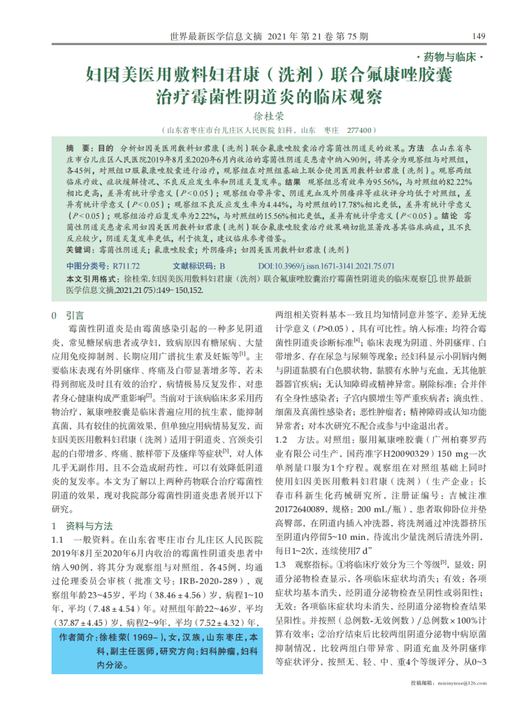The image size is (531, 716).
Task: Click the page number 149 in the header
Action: point(479,36)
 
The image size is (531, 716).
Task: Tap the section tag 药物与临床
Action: point(448,56)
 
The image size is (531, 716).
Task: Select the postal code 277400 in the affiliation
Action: point(361,130)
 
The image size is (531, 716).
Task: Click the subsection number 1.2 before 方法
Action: point(284,440)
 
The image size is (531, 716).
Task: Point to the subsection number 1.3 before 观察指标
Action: point(284,564)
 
